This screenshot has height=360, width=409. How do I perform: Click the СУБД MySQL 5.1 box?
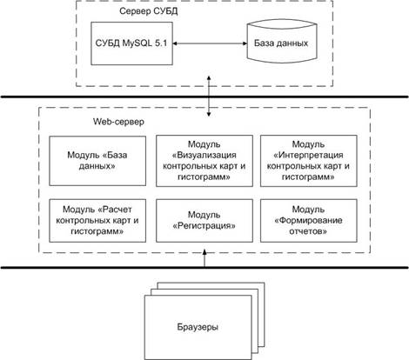click(131, 43)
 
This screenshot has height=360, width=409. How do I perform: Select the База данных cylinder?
click(281, 43)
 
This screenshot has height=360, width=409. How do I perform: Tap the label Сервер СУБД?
click(149, 11)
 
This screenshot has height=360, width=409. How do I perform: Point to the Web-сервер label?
click(118, 122)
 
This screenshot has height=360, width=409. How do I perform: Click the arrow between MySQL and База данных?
click(210, 43)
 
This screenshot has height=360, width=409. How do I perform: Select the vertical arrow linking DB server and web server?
click(209, 97)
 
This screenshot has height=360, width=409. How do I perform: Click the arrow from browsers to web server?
click(204, 257)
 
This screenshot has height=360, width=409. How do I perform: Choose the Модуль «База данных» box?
click(97, 161)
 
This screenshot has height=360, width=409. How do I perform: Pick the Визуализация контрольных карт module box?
click(204, 161)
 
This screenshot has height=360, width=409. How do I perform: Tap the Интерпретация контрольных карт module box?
click(309, 161)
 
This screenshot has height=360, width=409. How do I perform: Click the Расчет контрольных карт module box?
click(97, 221)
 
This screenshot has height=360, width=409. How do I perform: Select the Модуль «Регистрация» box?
click(204, 221)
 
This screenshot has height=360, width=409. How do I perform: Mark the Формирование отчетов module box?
click(309, 221)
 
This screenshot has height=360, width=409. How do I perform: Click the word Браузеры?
click(198, 327)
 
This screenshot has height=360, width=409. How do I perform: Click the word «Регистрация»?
click(204, 226)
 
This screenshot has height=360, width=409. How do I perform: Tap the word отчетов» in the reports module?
click(308, 231)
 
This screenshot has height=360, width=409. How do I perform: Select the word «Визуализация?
click(204, 155)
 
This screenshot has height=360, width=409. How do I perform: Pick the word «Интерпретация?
click(309, 155)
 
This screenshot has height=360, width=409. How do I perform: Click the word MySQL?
click(137, 43)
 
